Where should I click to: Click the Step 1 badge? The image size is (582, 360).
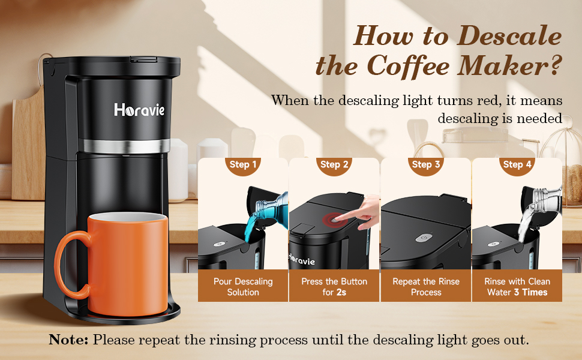(x=243, y=164)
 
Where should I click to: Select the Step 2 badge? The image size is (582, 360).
(x=334, y=164)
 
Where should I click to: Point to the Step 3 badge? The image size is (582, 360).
(x=426, y=164)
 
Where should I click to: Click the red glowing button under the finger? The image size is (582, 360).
(x=332, y=221)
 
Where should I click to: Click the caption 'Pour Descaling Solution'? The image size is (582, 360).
(x=243, y=287)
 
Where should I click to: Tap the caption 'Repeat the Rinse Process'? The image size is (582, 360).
(x=426, y=287)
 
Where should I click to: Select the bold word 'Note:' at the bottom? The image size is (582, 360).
(x=68, y=340)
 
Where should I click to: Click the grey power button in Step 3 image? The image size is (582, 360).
(x=424, y=237)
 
